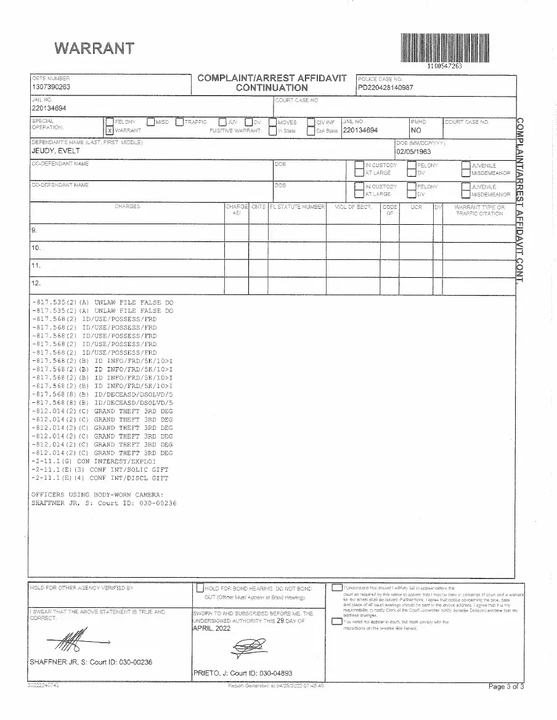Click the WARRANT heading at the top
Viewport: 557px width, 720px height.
(x=94, y=47)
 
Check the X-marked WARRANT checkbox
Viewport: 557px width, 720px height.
(x=110, y=131)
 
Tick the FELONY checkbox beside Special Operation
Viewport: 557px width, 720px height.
(x=110, y=122)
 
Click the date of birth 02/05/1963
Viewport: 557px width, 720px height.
(x=413, y=151)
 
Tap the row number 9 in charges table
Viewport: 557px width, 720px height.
(x=35, y=230)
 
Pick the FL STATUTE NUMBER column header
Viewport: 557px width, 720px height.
(x=297, y=207)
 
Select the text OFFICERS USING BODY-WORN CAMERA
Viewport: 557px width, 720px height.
(x=97, y=495)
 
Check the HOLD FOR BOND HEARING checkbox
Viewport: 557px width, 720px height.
(x=200, y=588)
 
